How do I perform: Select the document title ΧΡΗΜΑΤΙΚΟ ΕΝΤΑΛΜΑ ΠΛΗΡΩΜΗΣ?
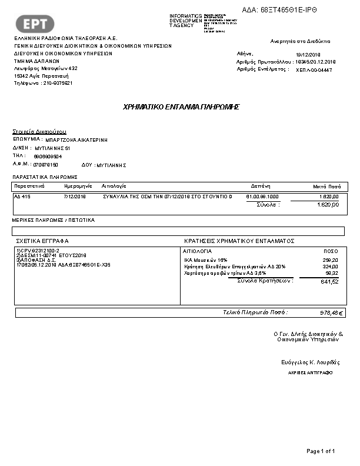[x=181, y=107]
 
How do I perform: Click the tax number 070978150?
[x=46, y=165]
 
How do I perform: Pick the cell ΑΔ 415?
[x=22, y=196]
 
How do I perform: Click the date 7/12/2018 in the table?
[x=75, y=196]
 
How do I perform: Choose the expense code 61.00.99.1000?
[x=262, y=196]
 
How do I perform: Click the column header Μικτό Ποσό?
[x=326, y=185]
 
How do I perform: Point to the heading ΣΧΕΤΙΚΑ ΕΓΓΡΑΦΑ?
[x=42, y=241]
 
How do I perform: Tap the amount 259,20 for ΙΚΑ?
[x=331, y=259]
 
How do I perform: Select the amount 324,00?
[x=331, y=267]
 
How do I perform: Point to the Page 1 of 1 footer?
[x=321, y=451]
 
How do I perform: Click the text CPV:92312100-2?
[x=38, y=251]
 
